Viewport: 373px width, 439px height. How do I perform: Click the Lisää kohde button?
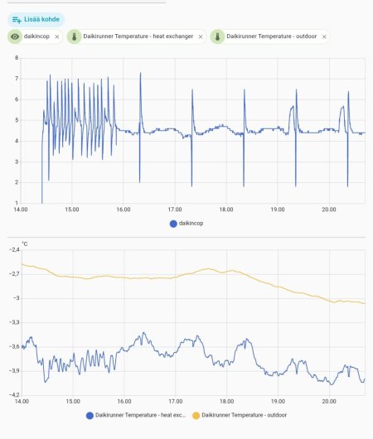[36, 20]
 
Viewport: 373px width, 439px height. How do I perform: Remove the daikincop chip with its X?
[57, 36]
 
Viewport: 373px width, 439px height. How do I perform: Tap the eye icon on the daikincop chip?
[15, 36]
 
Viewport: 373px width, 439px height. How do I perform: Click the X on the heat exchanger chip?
[201, 36]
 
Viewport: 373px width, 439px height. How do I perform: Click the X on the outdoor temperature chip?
[324, 36]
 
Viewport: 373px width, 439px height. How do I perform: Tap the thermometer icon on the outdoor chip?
[217, 36]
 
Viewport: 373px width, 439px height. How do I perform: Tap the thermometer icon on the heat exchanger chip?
[75, 36]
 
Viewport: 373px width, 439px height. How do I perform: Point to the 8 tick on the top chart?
[17, 58]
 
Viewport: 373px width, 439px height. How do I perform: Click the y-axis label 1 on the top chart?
[17, 203]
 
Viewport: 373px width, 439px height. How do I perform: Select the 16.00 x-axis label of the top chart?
[124, 210]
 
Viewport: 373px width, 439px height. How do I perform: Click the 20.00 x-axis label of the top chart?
[329, 210]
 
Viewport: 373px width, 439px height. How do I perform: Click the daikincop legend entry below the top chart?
[186, 224]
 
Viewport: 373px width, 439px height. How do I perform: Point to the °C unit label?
[25, 244]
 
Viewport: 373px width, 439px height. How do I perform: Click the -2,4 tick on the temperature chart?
[14, 249]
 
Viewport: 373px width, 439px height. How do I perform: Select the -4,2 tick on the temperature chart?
[14, 395]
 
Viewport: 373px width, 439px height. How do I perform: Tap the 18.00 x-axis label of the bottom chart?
[227, 401]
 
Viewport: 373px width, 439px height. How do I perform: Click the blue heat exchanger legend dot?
[90, 416]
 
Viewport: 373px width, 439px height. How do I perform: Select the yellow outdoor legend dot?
[196, 416]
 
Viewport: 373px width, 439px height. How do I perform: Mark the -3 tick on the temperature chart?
[17, 298]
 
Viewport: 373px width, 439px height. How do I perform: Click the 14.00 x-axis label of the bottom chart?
[22, 401]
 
